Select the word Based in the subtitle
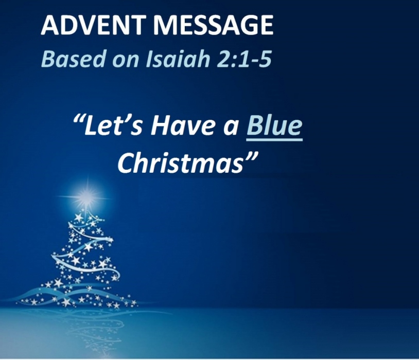73,59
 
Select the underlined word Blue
274,125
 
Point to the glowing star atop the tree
88,197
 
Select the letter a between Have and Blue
231,127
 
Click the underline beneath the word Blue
274,139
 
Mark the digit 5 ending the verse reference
265,59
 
